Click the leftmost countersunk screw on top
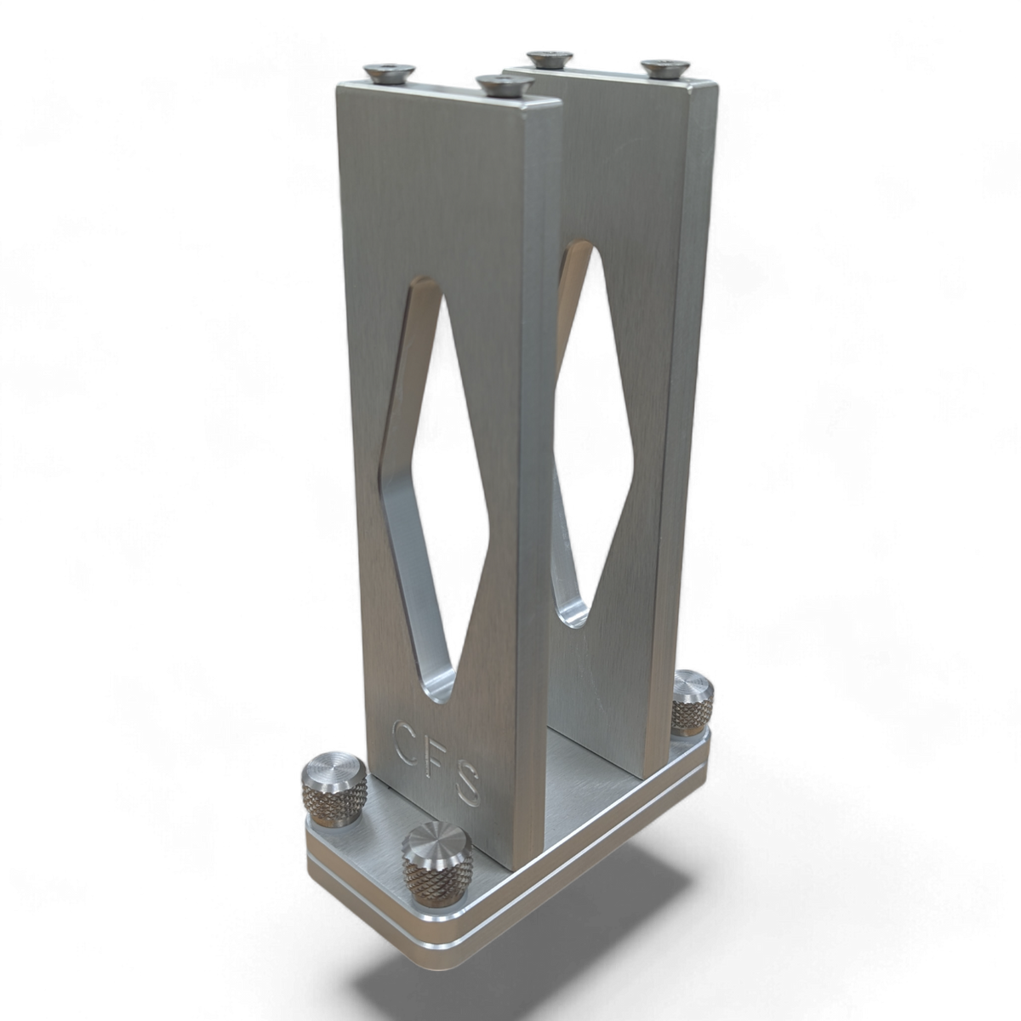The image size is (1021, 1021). click(388, 74)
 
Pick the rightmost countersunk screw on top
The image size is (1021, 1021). click(665, 69)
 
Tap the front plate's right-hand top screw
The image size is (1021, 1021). click(505, 85)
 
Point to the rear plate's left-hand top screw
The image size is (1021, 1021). click(550, 59)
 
